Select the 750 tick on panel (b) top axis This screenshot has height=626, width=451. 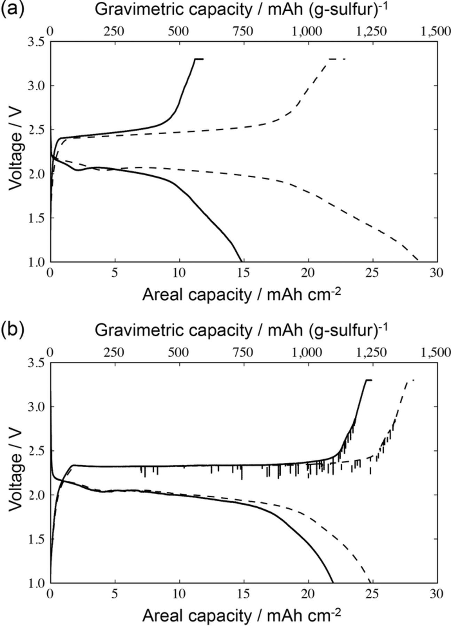244,352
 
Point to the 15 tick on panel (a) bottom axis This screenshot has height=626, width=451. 244,273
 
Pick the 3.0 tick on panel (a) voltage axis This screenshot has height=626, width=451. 37,86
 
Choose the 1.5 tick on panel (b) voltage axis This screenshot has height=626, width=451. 37,539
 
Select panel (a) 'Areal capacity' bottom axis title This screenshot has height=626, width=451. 241,295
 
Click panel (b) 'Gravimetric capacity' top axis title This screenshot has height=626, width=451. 241,330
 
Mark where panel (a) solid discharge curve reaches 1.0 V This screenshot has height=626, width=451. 241,261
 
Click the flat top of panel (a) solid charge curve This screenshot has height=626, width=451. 199,59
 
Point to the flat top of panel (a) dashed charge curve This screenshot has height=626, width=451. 335,59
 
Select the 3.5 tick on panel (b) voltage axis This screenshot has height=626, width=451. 37,363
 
